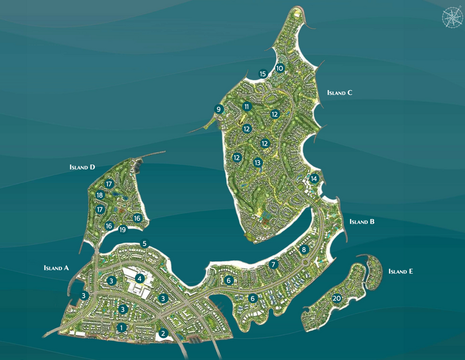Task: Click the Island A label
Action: click(56, 268)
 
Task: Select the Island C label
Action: click(340, 92)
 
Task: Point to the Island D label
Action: click(81, 167)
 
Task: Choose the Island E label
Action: click(401, 271)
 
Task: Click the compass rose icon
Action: click(450, 17)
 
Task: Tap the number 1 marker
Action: click(121, 327)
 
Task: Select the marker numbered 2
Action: click(164, 333)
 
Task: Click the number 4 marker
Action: click(139, 278)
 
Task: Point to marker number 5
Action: click(144, 243)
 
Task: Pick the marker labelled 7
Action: click(273, 264)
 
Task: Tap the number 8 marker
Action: click(303, 250)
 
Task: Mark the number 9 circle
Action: click(219, 109)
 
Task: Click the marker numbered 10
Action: click(280, 68)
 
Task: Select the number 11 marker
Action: click(247, 107)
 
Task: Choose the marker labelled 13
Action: click(257, 163)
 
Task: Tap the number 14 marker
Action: click(314, 178)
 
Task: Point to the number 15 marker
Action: click(263, 74)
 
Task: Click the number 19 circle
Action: click(123, 230)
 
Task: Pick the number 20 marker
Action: click(337, 298)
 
